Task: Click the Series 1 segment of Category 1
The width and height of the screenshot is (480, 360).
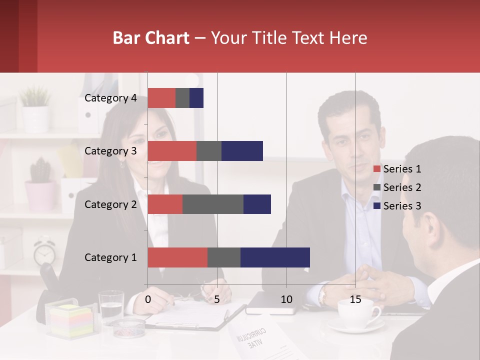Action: click(177, 257)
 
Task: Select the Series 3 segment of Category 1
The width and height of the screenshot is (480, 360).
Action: click(275, 257)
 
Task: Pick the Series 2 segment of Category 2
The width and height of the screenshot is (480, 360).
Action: click(213, 204)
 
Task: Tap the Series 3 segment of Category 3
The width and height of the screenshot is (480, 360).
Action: click(242, 151)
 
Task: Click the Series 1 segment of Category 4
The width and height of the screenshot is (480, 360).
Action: click(161, 98)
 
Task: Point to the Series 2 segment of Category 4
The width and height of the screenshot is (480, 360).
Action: click(182, 98)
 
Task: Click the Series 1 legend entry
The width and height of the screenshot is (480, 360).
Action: click(397, 169)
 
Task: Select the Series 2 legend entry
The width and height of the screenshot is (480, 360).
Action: click(397, 187)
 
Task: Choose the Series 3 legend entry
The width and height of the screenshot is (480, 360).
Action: click(397, 206)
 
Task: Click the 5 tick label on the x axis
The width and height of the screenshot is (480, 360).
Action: click(217, 299)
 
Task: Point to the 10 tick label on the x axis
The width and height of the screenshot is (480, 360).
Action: click(286, 299)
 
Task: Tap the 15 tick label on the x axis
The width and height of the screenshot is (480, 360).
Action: click(355, 299)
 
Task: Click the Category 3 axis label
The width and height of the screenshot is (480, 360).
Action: click(110, 151)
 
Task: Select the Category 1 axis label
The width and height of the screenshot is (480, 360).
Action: click(110, 257)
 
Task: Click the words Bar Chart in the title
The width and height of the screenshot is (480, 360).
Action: click(150, 38)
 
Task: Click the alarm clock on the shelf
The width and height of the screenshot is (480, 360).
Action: click(44, 252)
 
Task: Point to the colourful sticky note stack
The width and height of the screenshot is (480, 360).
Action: click(71, 321)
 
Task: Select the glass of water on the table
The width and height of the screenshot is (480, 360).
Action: click(111, 306)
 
